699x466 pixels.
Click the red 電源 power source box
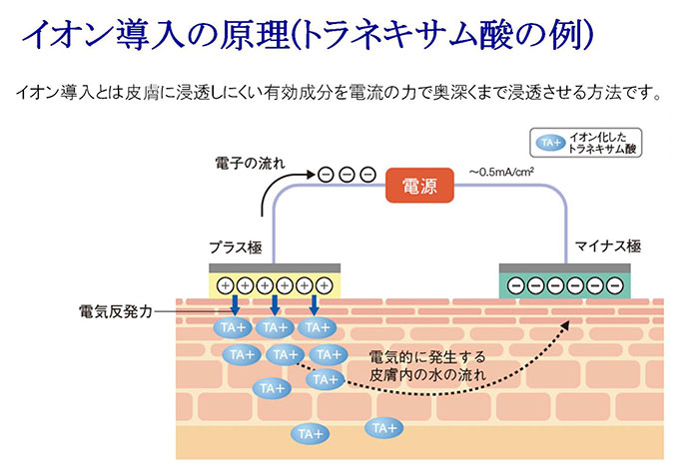[419, 186]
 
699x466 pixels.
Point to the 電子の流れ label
[250, 161]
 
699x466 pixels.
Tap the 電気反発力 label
[112, 310]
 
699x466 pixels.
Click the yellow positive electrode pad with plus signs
[275, 284]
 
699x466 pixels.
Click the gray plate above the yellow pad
[275, 267]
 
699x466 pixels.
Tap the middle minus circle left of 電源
[347, 174]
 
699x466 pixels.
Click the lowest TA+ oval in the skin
[309, 433]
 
